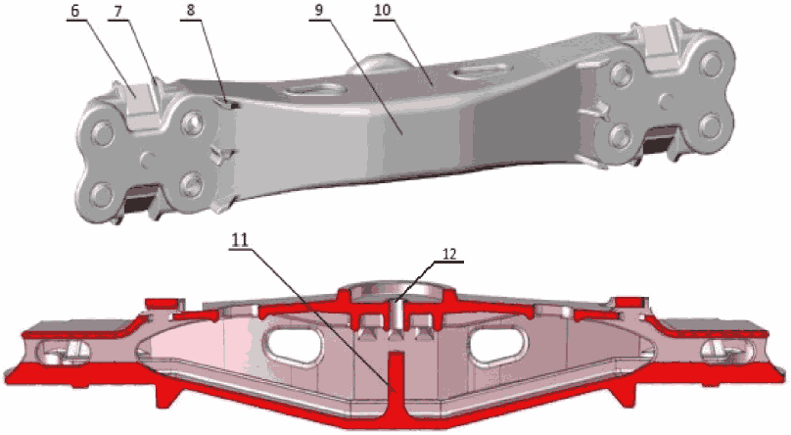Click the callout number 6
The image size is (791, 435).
(x=74, y=11)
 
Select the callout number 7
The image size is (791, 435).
(x=117, y=11)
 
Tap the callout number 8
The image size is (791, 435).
(x=189, y=11)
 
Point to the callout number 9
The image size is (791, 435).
(x=319, y=11)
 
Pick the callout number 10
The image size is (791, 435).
(x=383, y=11)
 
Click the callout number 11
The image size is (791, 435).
(x=240, y=240)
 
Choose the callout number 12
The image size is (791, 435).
(x=449, y=255)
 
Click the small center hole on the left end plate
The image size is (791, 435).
(x=147, y=159)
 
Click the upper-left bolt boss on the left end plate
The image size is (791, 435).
(x=103, y=133)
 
